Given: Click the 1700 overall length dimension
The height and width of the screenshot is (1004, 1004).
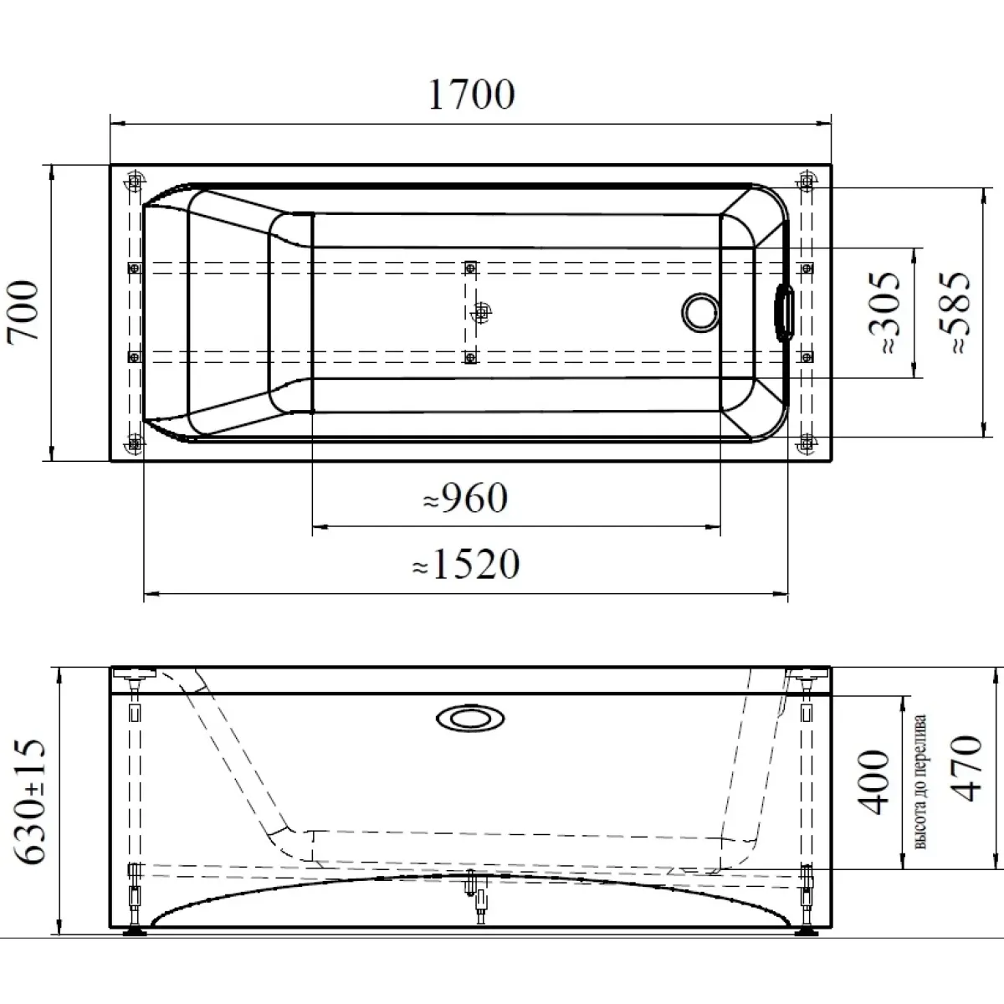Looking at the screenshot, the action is click(x=471, y=95).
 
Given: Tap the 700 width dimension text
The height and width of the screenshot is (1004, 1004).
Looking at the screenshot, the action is click(x=23, y=310).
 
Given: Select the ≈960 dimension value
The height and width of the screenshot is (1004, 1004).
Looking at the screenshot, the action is click(x=465, y=498).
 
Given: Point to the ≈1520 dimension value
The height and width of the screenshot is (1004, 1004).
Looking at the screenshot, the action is click(x=466, y=564).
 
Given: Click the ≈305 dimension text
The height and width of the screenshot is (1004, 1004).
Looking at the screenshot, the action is click(x=884, y=313).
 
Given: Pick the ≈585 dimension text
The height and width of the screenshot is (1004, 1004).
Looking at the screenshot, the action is click(x=954, y=313).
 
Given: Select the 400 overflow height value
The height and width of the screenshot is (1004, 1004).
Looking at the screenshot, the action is click(x=873, y=782).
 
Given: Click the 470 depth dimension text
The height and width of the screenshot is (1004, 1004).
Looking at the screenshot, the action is click(x=967, y=768).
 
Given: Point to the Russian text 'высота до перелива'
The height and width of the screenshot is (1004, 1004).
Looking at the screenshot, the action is click(x=920, y=781).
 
